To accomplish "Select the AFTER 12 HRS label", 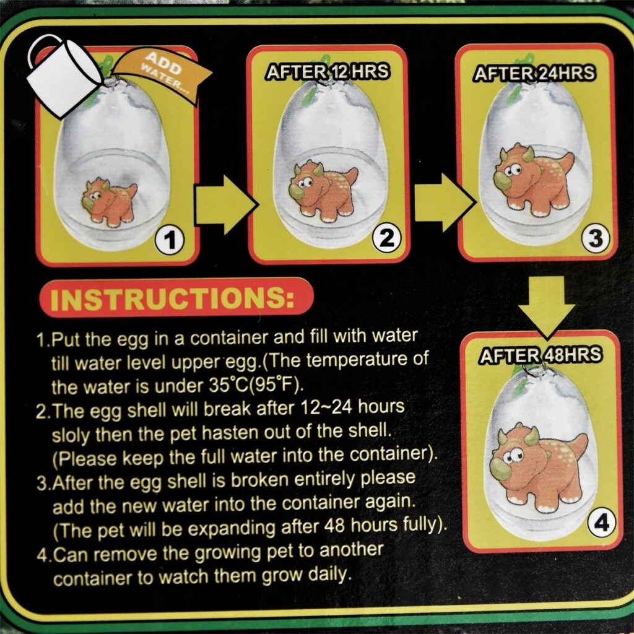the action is pyautogui.click(x=328, y=72).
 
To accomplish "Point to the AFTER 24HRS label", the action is pyautogui.click(x=534, y=73).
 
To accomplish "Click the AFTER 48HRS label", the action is pyautogui.click(x=541, y=355).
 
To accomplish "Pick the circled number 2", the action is pyautogui.click(x=387, y=238).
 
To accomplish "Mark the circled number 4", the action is pyautogui.click(x=602, y=523).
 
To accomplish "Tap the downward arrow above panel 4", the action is pyautogui.click(x=547, y=307).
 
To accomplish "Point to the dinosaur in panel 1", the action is pyautogui.click(x=109, y=201).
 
